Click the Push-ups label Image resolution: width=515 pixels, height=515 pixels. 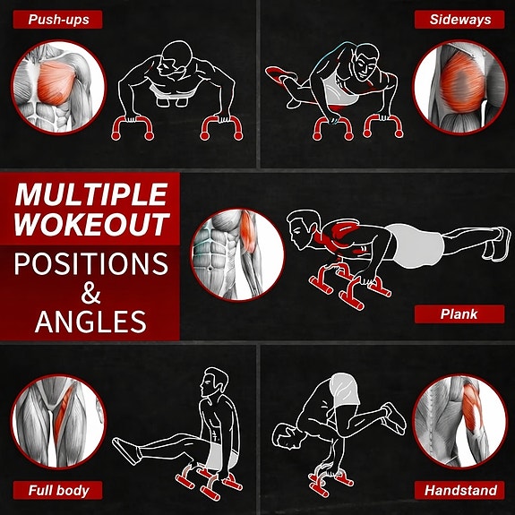tap(58, 20)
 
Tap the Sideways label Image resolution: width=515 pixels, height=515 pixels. tap(459, 20)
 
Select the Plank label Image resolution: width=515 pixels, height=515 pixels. tap(459, 314)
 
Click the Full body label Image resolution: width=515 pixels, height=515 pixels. tap(58, 490)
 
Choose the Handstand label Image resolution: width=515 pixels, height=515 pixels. tap(459, 490)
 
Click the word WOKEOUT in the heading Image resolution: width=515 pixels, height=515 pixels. tap(91, 224)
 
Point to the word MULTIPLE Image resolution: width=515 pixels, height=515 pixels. tap(91, 194)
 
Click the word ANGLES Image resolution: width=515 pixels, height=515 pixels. tap(90, 322)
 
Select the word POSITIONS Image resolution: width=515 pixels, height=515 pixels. tap(91, 263)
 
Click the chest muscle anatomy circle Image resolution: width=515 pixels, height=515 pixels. tap(59, 88)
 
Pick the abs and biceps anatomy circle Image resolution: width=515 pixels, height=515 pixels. tap(237, 254)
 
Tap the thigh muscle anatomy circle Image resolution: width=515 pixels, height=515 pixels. tap(59, 421)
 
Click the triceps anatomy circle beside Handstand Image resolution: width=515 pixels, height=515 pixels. tap(459, 421)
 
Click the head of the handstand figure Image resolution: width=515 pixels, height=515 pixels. tap(287, 436)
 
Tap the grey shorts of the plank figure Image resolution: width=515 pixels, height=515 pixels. tap(417, 245)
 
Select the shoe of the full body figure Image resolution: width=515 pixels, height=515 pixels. tap(125, 451)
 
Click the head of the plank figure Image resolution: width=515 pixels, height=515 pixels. tap(303, 229)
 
